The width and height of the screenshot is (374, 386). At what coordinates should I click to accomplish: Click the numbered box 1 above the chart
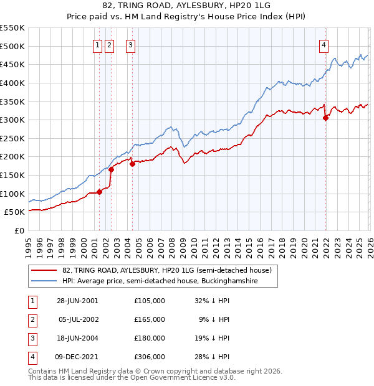(98, 44)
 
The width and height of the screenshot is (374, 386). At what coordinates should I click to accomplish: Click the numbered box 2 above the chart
(110, 44)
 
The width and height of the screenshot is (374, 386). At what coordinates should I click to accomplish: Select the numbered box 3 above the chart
(131, 44)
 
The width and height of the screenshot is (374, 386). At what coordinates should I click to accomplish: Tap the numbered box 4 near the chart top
(324, 44)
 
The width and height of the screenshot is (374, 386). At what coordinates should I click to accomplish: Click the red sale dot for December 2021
(325, 118)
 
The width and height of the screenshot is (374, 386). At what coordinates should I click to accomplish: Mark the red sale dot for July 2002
(111, 169)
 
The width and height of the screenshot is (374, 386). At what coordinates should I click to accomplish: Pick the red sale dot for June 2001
(100, 192)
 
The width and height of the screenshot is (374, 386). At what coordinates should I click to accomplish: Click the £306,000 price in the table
(150, 357)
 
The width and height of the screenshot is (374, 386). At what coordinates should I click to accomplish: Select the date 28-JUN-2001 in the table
(77, 301)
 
